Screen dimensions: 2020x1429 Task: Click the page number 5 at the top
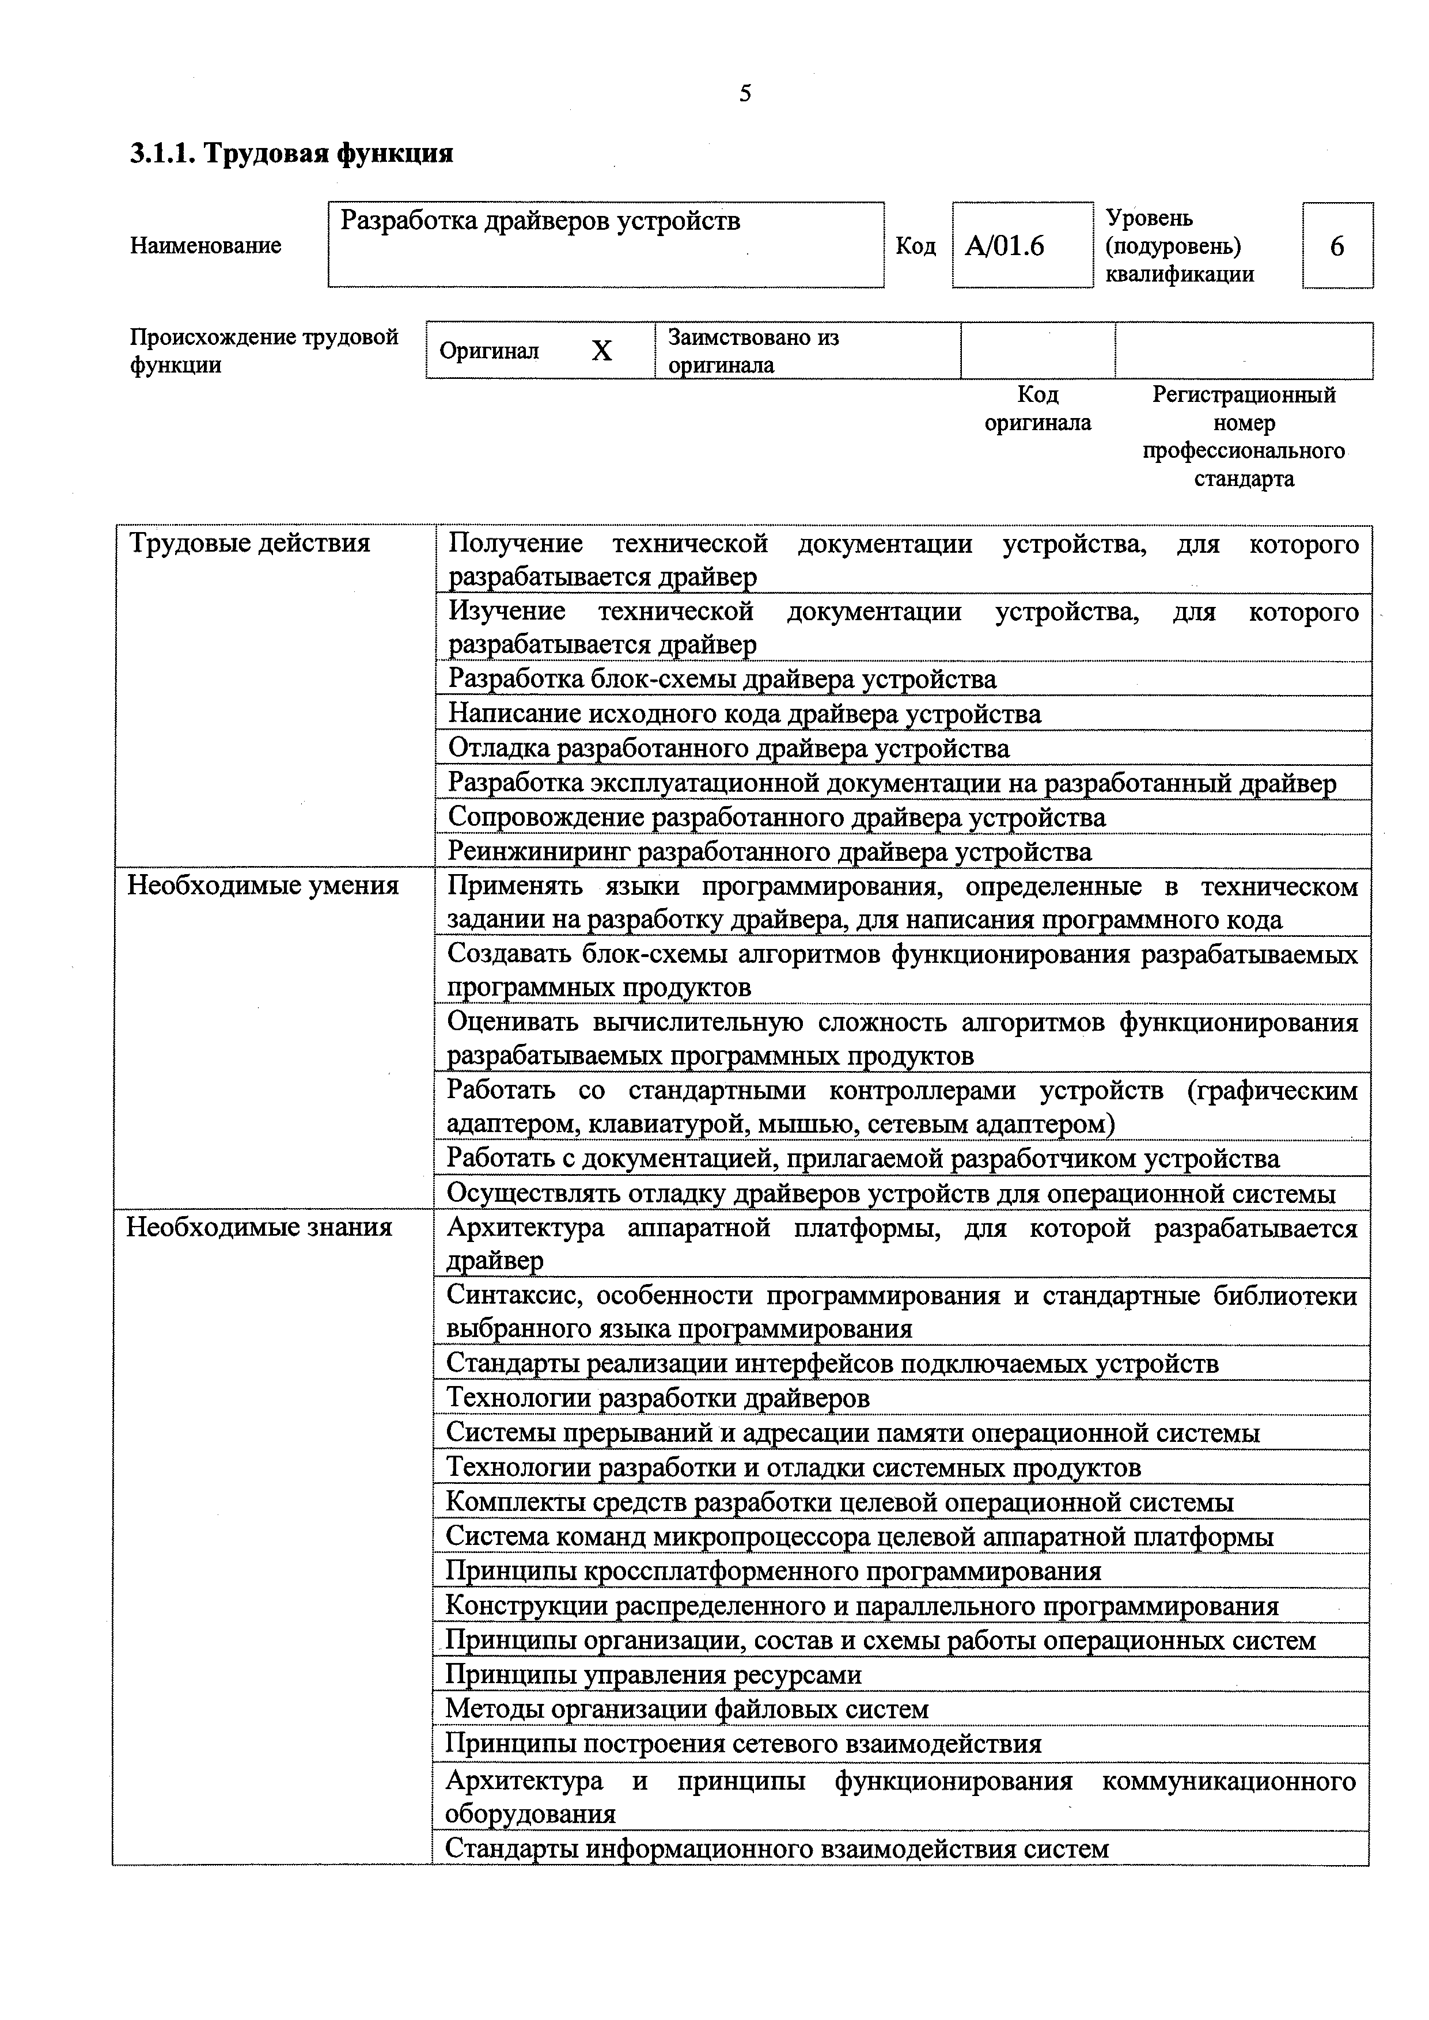744,93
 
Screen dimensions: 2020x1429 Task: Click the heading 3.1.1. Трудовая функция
291,154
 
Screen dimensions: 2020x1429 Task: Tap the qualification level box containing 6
1337,245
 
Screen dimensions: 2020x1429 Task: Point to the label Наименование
206,245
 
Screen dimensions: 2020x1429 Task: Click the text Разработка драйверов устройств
540,221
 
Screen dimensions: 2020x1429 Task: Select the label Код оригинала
1037,408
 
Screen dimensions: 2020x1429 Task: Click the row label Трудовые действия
250,543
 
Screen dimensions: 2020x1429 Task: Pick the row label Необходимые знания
259,1227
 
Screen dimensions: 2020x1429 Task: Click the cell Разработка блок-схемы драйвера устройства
722,679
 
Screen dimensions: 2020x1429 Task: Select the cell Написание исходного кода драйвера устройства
744,713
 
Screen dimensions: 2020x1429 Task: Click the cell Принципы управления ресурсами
653,1675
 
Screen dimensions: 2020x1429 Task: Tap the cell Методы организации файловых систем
687,1708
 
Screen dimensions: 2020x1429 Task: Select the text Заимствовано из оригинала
753,351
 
